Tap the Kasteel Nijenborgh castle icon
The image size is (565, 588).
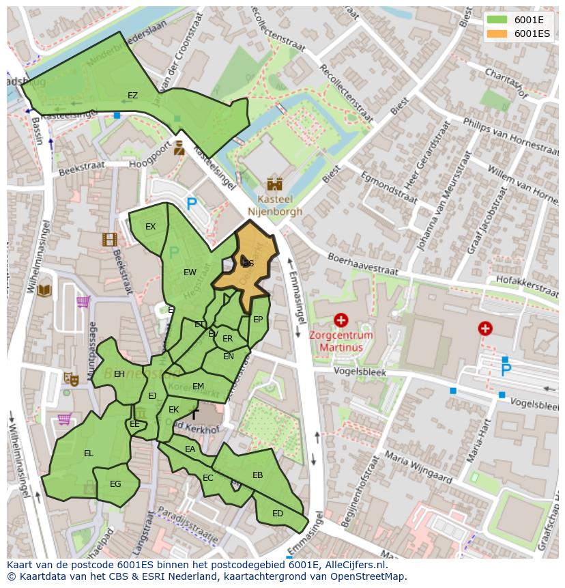click(x=274, y=184)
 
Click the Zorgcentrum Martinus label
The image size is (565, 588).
click(x=341, y=341)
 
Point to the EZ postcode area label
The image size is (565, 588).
click(x=132, y=96)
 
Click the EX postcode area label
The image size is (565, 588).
click(x=150, y=227)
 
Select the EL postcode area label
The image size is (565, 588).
click(x=88, y=453)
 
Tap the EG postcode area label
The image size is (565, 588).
click(x=115, y=484)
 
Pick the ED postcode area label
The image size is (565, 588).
click(x=278, y=514)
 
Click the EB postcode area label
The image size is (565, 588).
click(x=257, y=475)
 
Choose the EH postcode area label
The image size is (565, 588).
click(x=119, y=374)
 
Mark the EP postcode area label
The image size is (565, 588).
click(x=258, y=319)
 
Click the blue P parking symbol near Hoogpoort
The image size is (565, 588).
click(x=192, y=204)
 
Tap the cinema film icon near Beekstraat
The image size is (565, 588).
click(x=109, y=239)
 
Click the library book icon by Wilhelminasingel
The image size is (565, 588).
click(x=44, y=291)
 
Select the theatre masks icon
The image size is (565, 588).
click(x=70, y=378)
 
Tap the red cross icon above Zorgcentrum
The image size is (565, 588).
click(x=341, y=320)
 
